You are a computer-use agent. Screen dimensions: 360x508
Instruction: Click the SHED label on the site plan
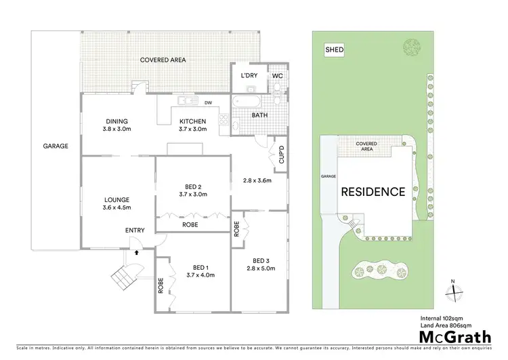(334, 50)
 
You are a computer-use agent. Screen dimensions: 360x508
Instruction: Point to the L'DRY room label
(248, 76)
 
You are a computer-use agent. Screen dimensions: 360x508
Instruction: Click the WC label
(277, 76)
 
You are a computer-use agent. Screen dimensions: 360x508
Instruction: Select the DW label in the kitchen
(209, 103)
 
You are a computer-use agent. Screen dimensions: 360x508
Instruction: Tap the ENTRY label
(135, 231)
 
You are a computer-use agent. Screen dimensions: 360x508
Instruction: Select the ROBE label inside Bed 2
(189, 223)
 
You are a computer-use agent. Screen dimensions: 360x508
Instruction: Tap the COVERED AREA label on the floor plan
(163, 60)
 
